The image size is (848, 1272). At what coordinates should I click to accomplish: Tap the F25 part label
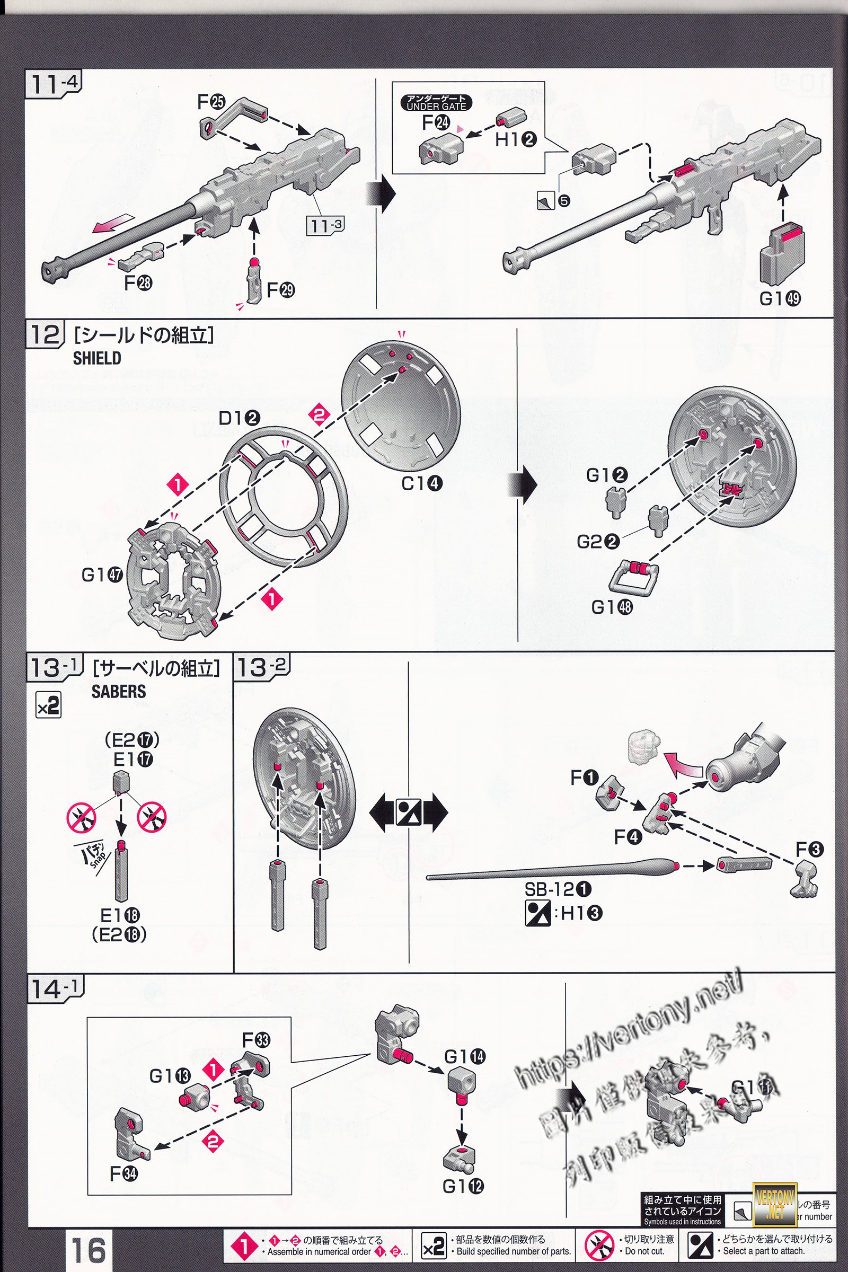[211, 101]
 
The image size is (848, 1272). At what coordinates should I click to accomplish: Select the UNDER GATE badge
[436, 103]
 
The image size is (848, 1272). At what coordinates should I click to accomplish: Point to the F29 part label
[281, 290]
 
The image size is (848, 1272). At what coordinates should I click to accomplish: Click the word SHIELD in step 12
[97, 358]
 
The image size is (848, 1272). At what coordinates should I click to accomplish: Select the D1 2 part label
[239, 418]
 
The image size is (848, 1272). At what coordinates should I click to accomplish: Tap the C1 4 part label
[422, 483]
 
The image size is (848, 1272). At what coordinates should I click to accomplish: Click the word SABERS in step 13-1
[118, 692]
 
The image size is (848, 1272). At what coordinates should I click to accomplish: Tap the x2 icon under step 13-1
[48, 706]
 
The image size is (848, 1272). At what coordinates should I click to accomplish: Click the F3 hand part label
[809, 849]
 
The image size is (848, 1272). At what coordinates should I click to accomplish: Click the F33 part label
[256, 1039]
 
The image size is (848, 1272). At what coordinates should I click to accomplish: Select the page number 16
[89, 1250]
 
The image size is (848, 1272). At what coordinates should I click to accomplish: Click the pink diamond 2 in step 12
[319, 416]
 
